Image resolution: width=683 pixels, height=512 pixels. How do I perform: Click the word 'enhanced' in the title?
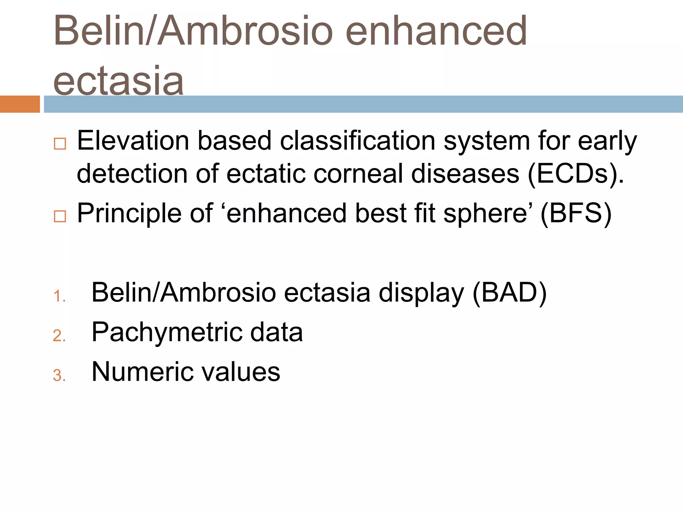pyautogui.click(x=436, y=31)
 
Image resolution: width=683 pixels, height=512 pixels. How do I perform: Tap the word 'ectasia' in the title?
pyautogui.click(x=118, y=81)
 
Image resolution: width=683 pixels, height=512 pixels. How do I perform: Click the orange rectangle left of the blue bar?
pyautogui.click(x=20, y=104)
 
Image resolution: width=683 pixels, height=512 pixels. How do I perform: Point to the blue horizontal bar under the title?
pyautogui.click(x=363, y=104)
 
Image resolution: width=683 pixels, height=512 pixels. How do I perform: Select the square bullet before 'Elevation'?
pyautogui.click(x=60, y=144)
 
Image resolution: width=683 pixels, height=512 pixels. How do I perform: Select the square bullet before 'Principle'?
pyautogui.click(x=60, y=216)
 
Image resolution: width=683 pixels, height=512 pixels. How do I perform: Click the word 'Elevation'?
pyautogui.click(x=133, y=141)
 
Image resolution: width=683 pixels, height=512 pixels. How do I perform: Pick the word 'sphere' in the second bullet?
pyautogui.click(x=485, y=214)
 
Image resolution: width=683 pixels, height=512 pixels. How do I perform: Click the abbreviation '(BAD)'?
pyautogui.click(x=510, y=293)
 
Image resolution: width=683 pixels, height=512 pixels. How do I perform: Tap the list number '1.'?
pyautogui.click(x=59, y=296)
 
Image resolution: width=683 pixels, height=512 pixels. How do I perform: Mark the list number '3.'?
pyautogui.click(x=59, y=376)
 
